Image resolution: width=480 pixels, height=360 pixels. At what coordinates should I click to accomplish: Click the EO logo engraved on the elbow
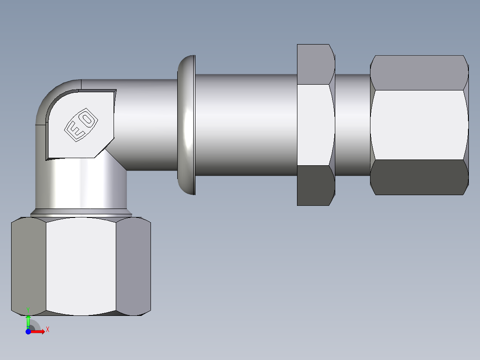click(x=81, y=125)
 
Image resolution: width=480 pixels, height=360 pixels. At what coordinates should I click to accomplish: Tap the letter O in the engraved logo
click(x=88, y=119)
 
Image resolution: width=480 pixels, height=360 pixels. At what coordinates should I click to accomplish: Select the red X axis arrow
click(x=37, y=331)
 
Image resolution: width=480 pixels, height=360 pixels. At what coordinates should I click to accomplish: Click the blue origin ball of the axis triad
click(x=28, y=331)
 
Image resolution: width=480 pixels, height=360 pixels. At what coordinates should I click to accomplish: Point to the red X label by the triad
click(x=47, y=329)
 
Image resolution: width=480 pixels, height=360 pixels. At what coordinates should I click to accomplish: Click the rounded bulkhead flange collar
click(x=187, y=125)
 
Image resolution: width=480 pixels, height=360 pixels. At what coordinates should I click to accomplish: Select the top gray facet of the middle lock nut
click(x=315, y=64)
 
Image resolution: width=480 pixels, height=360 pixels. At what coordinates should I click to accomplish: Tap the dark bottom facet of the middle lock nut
click(x=315, y=185)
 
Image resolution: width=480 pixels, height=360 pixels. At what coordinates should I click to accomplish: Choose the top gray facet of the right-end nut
click(x=419, y=73)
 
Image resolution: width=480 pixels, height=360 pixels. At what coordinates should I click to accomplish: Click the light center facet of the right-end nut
click(x=419, y=125)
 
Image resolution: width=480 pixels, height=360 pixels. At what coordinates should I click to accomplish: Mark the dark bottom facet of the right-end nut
click(x=419, y=177)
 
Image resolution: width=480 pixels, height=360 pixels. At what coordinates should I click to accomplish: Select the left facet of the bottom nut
click(x=28, y=266)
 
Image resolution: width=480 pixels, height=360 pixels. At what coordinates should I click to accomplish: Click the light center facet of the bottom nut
click(x=81, y=266)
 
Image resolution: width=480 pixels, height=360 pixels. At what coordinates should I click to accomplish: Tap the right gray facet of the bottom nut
click(x=133, y=266)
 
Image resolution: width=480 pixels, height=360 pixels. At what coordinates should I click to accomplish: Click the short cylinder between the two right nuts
click(x=352, y=125)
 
